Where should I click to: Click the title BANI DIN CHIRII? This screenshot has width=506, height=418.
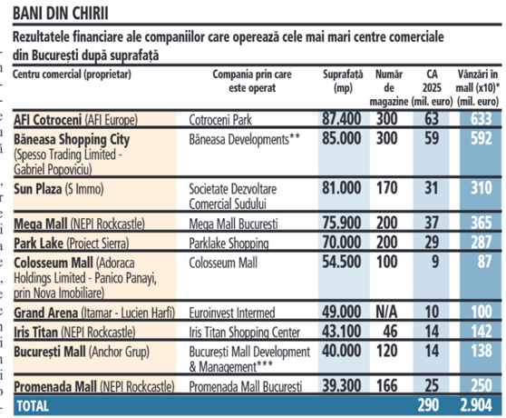[x=61, y=14]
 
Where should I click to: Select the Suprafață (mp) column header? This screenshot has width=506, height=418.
[x=343, y=81]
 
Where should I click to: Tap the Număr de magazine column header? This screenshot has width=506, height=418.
[x=388, y=87]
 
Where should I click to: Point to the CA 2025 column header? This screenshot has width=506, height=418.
[x=433, y=87]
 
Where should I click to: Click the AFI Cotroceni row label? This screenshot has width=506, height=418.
[x=75, y=120]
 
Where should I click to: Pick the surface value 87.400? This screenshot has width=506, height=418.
[x=341, y=119]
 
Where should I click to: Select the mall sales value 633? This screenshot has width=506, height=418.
[x=481, y=119]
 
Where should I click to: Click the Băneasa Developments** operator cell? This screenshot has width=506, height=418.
[x=244, y=140]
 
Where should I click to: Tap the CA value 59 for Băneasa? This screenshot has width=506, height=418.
[x=432, y=138]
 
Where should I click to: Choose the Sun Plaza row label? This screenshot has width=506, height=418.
[x=59, y=189]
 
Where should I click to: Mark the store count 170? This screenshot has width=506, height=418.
[x=386, y=188]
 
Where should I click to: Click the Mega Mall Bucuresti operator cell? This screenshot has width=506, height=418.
[x=233, y=224]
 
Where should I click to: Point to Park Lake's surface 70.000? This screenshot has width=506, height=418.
[x=341, y=242]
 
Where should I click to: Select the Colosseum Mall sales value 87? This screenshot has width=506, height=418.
[x=484, y=262]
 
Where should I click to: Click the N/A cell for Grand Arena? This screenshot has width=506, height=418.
[x=386, y=312]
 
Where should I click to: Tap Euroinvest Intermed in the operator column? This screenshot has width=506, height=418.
[x=232, y=313]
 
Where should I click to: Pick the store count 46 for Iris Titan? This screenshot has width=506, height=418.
[x=390, y=332]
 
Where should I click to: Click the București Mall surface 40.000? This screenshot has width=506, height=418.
[x=341, y=351]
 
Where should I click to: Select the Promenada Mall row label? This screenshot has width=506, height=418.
[x=94, y=386]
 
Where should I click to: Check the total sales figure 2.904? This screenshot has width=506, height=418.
[x=476, y=405]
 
